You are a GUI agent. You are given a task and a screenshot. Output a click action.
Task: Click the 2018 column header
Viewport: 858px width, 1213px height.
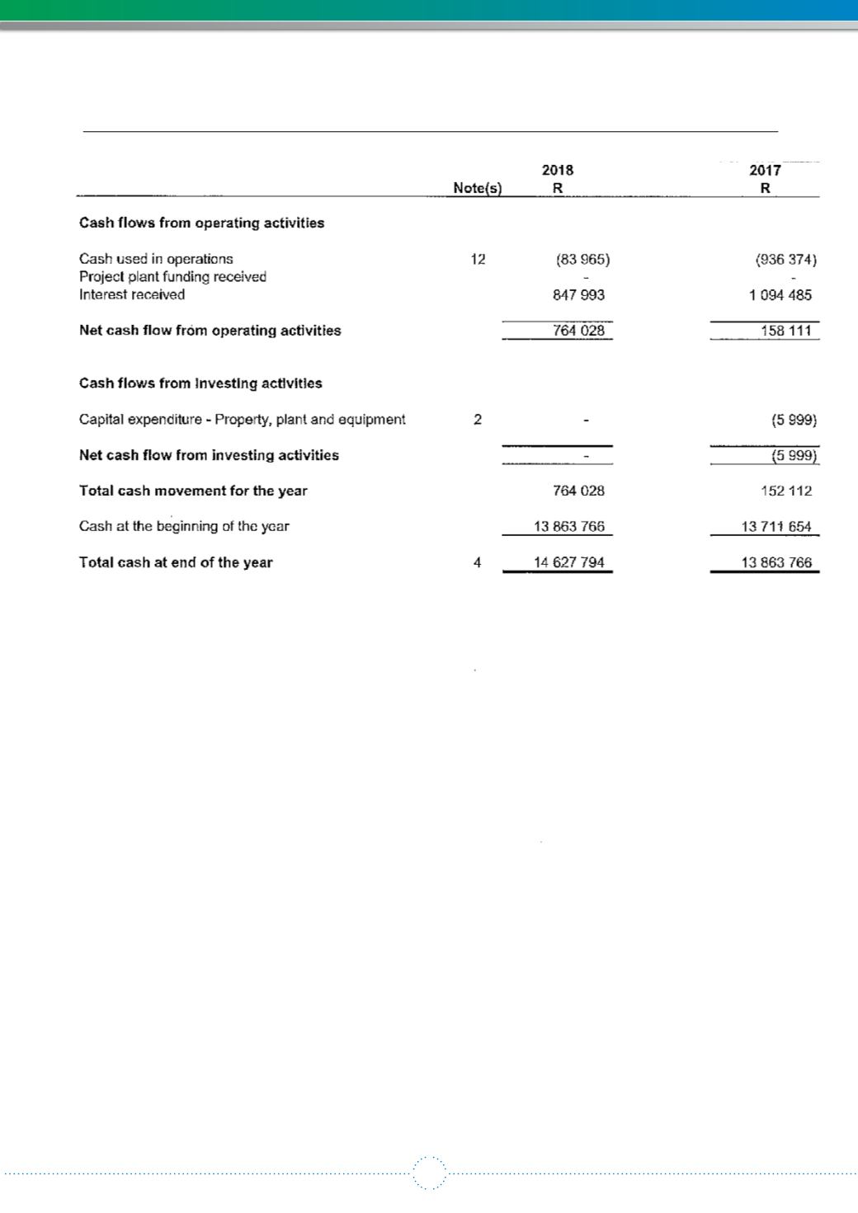[x=558, y=171]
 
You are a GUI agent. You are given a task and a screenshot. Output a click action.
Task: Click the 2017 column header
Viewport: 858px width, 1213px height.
[x=765, y=171]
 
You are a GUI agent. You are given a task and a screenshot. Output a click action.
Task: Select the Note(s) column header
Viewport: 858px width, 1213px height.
[x=478, y=188]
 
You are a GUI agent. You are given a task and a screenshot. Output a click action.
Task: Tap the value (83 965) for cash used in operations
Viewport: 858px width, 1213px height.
[x=583, y=259]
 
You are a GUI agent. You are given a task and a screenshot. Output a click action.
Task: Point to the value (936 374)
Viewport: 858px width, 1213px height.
[x=786, y=259]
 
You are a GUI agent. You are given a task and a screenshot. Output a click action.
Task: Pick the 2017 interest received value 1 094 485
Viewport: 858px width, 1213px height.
[x=780, y=294]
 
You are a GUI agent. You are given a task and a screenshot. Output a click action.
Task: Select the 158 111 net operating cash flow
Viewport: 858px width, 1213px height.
[x=786, y=331]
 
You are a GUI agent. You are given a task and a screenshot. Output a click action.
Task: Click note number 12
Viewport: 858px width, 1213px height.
[x=478, y=259]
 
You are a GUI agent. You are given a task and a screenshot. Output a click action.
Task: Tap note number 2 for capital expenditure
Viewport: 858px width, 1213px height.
[x=478, y=419]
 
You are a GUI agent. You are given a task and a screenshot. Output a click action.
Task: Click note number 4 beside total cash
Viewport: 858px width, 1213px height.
[x=478, y=562]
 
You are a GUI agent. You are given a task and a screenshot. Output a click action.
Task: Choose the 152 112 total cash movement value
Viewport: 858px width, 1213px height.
[x=786, y=491]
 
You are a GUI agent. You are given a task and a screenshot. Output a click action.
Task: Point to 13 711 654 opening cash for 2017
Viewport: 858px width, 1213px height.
[x=776, y=526]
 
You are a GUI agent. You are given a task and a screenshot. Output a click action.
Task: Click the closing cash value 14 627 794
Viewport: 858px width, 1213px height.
[x=569, y=562]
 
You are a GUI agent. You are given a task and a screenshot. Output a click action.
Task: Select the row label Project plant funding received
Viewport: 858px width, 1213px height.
[x=172, y=277]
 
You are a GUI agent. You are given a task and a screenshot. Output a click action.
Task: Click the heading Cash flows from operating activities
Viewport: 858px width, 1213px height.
[x=201, y=223]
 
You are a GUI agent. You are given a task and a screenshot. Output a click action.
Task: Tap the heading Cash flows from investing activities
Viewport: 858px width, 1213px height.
[x=200, y=383]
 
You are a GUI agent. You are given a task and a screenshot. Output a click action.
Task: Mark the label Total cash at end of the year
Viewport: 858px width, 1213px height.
[x=176, y=562]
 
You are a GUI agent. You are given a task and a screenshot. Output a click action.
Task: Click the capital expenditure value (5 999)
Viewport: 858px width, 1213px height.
[x=794, y=420]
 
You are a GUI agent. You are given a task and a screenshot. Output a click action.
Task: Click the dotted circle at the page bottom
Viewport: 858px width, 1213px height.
[x=429, y=1173]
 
